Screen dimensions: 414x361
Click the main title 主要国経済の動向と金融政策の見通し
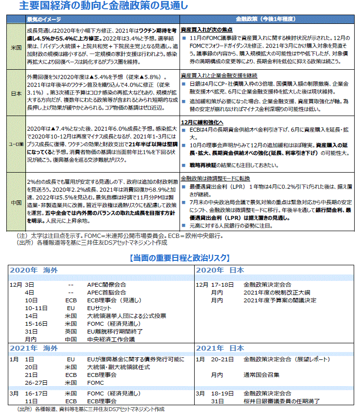tap(103, 6)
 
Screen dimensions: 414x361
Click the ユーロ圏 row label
tap(14, 145)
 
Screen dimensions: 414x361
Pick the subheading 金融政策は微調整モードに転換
tap(212, 178)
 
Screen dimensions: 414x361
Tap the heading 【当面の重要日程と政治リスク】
tap(180, 257)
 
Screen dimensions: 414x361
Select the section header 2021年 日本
tap(220, 348)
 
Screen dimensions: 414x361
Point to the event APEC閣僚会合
tap(106, 284)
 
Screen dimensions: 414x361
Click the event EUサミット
tap(100, 308)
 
